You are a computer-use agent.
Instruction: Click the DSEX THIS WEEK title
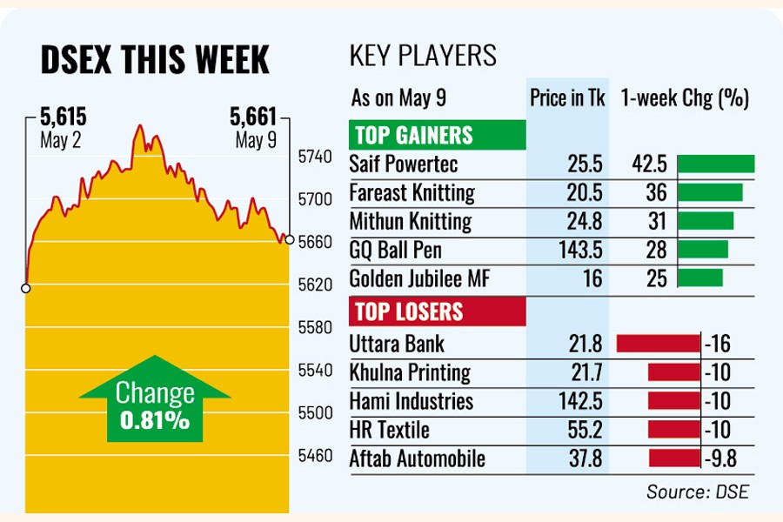155,59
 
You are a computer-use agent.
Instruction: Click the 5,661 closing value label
252,116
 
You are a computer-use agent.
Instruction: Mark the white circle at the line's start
26,287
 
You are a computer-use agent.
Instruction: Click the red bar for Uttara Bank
658,344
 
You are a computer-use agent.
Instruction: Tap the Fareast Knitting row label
412,193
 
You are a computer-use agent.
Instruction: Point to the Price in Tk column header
567,98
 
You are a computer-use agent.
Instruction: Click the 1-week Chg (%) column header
685,98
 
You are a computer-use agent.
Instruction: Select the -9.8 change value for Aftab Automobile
719,458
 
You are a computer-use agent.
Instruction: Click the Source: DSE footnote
697,492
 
